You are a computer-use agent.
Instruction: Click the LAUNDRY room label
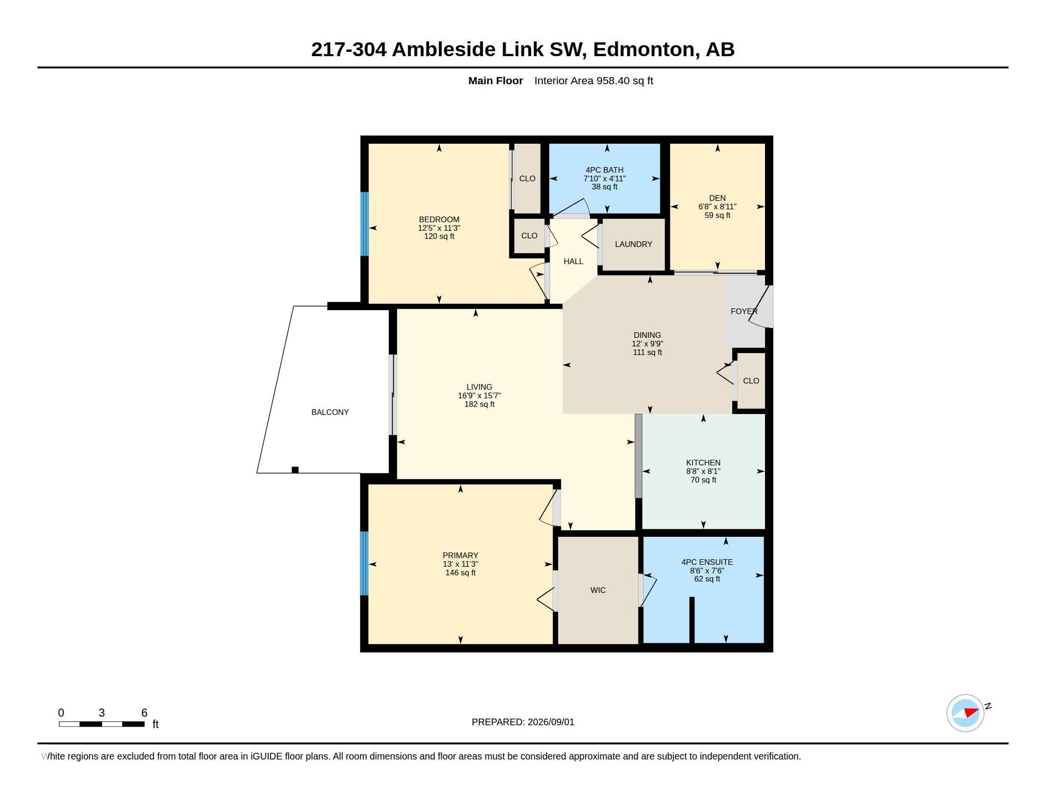point(633,245)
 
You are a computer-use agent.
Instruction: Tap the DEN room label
point(717,198)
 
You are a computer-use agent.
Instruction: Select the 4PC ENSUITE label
point(707,562)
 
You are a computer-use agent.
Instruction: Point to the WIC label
point(598,591)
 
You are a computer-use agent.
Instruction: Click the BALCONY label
point(330,412)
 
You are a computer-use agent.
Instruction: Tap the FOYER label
point(744,312)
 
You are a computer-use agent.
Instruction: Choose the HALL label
point(573,262)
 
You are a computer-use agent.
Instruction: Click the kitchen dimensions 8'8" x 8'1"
point(703,471)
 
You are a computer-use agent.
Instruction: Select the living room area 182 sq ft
point(479,404)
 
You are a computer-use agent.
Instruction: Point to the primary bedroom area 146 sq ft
point(460,572)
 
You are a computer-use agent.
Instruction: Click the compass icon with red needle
point(965,713)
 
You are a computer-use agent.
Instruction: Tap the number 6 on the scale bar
point(144,713)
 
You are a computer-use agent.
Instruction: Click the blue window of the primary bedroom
point(365,563)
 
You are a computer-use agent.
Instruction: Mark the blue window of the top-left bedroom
point(365,224)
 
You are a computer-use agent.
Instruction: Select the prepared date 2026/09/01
point(551,722)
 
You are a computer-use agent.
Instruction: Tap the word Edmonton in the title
point(644,49)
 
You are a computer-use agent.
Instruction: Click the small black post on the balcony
point(295,470)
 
